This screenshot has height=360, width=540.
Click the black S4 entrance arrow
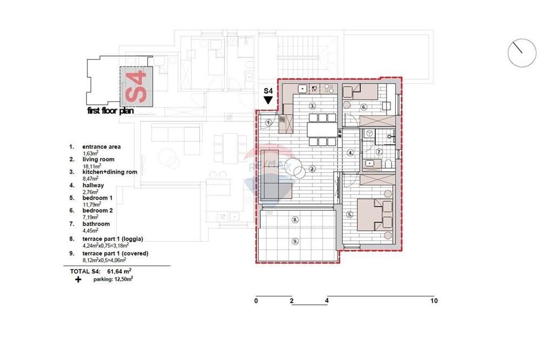(268, 100)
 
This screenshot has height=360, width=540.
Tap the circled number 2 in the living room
(312, 168)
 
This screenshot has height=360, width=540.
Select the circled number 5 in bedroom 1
(350, 215)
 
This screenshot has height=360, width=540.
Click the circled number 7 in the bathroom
(379, 152)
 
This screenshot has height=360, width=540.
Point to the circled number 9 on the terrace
(295, 241)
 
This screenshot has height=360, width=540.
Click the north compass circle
(522, 53)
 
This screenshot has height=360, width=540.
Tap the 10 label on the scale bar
(434, 301)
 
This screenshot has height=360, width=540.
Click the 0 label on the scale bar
(256, 301)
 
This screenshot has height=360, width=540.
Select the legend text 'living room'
(98, 159)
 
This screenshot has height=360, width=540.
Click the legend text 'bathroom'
(96, 223)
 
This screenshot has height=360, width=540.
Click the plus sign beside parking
(78, 280)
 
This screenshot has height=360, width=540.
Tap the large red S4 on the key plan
(136, 86)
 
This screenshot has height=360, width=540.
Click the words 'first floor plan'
(110, 111)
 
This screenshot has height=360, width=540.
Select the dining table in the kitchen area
(322, 130)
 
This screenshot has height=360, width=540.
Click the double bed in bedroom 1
(375, 214)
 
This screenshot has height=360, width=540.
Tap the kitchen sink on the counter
(302, 89)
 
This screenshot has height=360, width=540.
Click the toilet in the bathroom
(388, 164)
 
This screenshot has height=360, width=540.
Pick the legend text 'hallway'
(93, 185)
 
